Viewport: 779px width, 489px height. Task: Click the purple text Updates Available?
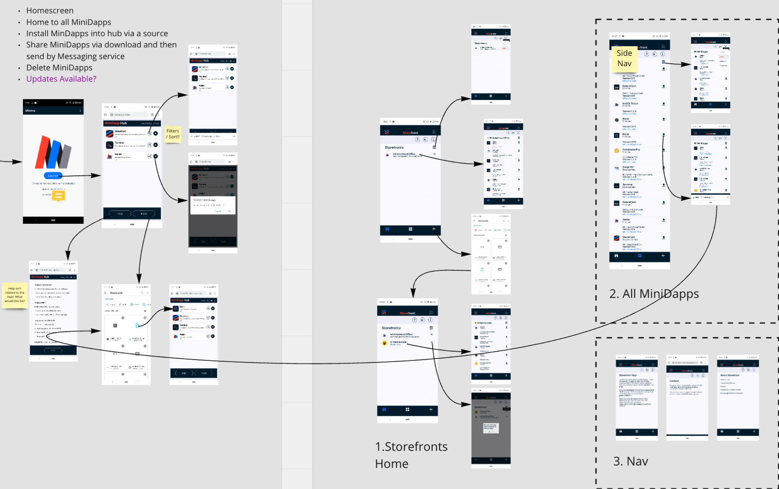click(61, 79)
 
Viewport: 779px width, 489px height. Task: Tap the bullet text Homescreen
click(50, 10)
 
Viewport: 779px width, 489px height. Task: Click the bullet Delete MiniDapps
click(59, 68)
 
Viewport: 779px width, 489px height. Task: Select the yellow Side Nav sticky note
click(624, 58)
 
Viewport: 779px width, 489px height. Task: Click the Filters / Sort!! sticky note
click(172, 134)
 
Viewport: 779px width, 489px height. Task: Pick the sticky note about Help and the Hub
click(15, 295)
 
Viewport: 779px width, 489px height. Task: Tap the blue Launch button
click(53, 176)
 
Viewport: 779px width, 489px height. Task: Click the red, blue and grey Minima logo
click(53, 152)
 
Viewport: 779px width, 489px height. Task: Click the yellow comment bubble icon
click(58, 196)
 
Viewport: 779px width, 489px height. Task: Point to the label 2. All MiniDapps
click(654, 294)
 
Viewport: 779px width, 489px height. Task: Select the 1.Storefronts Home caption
click(411, 455)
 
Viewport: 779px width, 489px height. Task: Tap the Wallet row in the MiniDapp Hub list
click(130, 156)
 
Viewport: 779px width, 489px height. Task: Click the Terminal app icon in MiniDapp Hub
click(109, 145)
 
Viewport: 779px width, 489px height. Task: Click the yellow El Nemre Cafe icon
click(384, 343)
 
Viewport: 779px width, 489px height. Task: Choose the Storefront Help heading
click(628, 375)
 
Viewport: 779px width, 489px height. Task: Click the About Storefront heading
click(730, 375)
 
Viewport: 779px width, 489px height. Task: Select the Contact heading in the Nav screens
click(674, 381)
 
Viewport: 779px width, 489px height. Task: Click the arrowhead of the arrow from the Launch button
click(98, 175)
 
